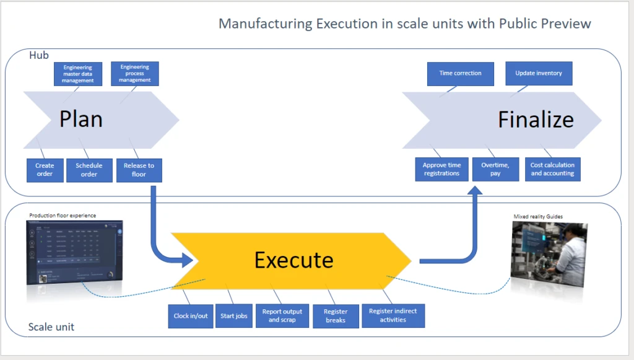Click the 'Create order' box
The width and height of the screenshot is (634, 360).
(45, 170)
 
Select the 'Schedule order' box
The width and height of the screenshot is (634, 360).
(89, 170)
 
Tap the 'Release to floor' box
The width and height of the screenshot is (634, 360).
(139, 170)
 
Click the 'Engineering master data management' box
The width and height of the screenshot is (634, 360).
(78, 74)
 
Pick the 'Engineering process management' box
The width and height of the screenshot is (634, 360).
(135, 74)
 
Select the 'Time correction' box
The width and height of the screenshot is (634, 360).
(460, 73)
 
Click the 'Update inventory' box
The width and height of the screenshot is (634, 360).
(539, 73)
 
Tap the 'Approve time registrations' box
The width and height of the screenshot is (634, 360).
(441, 169)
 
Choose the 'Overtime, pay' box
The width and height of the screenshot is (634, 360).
(495, 169)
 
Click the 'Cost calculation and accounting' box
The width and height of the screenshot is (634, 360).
(552, 169)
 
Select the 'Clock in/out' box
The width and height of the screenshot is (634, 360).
(191, 316)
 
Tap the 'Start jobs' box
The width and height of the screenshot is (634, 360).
(234, 316)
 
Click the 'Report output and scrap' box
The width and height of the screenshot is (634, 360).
(282, 316)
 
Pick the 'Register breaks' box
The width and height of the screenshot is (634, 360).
(336, 316)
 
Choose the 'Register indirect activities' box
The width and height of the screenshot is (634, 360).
(393, 315)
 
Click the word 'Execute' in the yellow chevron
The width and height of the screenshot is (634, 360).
(293, 260)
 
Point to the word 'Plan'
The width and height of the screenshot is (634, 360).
(81, 119)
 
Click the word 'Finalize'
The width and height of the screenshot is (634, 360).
(536, 120)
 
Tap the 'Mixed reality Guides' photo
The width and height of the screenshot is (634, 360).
(548, 256)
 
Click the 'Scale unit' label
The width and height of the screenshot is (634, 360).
(51, 327)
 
